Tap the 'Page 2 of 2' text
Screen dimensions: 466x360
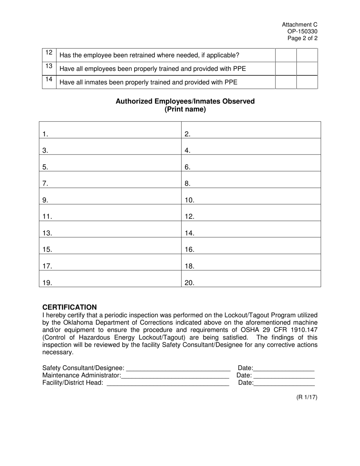coord(302,38)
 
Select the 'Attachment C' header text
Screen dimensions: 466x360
coord(299,25)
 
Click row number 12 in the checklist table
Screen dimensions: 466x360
coord(49,53)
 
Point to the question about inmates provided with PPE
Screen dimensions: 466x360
coord(149,82)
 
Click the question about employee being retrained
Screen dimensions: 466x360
coord(150,55)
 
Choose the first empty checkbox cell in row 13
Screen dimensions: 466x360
coord(286,69)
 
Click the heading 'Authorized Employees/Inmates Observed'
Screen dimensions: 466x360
coord(185,101)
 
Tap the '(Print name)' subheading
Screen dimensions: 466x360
coord(185,109)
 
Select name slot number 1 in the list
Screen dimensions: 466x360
coord(110,133)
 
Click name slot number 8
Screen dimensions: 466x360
coord(251,183)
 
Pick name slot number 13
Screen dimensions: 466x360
coord(110,233)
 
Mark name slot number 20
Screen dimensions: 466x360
coord(251,283)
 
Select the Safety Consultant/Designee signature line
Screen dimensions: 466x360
coord(178,368)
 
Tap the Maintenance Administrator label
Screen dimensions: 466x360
coord(81,375)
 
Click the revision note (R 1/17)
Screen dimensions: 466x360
coord(307,397)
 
